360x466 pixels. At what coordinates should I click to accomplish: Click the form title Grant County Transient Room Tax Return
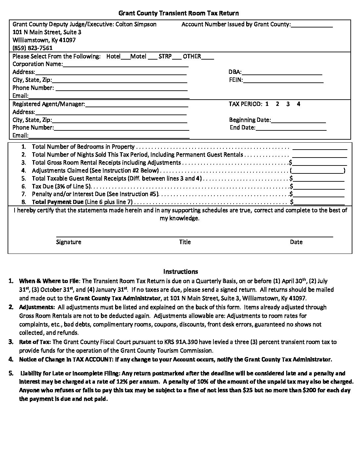point(178,13)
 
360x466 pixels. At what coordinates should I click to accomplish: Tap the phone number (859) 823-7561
point(32,48)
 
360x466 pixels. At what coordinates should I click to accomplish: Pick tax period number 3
point(288,104)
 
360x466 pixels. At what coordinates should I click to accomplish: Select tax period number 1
point(267,104)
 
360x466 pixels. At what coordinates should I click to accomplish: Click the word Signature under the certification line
point(68,242)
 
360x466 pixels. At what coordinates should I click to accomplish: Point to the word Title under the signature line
point(185,242)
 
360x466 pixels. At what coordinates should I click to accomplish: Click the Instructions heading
point(180,272)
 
